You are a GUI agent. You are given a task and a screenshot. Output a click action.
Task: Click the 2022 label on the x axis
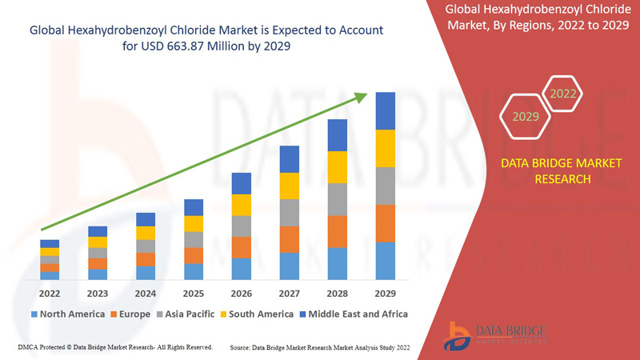point(50,294)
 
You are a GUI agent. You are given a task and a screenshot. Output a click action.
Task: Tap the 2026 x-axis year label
point(241,294)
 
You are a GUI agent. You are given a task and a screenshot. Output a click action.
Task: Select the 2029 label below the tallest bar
point(385,294)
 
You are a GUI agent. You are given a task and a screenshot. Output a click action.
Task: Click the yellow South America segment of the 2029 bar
point(386,148)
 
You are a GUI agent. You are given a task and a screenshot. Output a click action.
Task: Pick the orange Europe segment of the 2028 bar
point(338,231)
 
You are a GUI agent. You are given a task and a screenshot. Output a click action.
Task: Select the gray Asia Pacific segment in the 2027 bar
point(290,213)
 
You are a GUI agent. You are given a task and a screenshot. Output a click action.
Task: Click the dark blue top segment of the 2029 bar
point(386,110)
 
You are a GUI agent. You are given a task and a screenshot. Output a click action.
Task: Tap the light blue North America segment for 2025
point(194,271)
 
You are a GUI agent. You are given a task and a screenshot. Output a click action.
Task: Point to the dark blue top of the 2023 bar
point(98,231)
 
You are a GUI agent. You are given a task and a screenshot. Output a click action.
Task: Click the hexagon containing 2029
point(526,117)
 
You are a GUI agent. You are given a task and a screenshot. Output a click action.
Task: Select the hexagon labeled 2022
point(562,94)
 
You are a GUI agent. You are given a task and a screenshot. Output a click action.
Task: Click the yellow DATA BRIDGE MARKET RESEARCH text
point(550,171)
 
